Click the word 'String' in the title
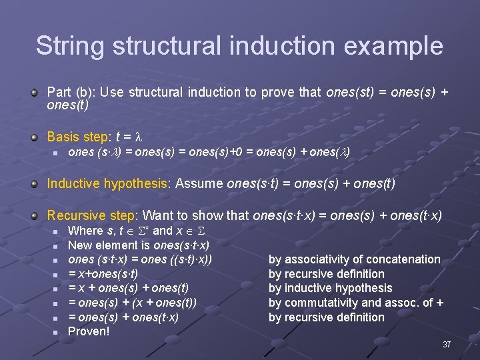[x=70, y=46]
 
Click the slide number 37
[x=447, y=345]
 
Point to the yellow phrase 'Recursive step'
[x=91, y=215]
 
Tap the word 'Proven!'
[x=89, y=331]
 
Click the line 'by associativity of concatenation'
[x=354, y=259]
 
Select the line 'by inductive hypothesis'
[x=330, y=288]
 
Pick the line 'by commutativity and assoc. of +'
[x=356, y=303]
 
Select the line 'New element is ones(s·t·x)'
[x=139, y=245]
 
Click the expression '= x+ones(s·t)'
[x=103, y=274]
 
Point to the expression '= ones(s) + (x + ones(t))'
[x=132, y=303]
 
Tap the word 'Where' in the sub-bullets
[x=85, y=231]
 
